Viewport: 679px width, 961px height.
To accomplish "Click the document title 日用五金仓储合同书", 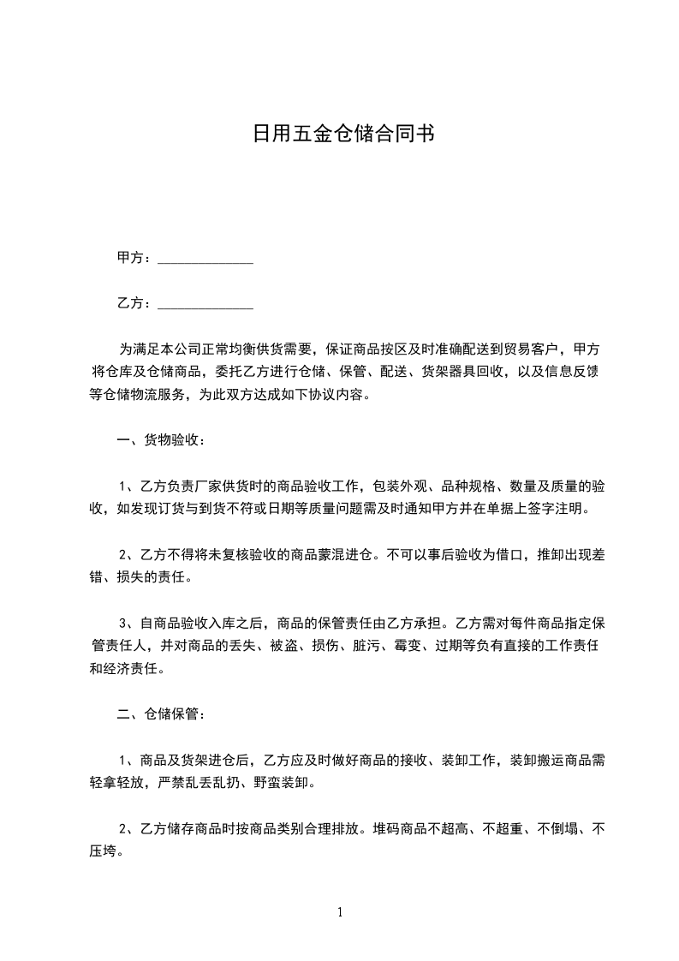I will (x=339, y=134).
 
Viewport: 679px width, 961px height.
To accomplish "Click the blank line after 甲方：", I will (x=205, y=259).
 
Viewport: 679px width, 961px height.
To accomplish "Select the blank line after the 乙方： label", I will (x=205, y=304).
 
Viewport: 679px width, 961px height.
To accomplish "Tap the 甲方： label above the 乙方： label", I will (x=134, y=258).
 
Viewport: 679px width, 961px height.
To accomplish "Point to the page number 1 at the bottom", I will (x=340, y=912).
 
